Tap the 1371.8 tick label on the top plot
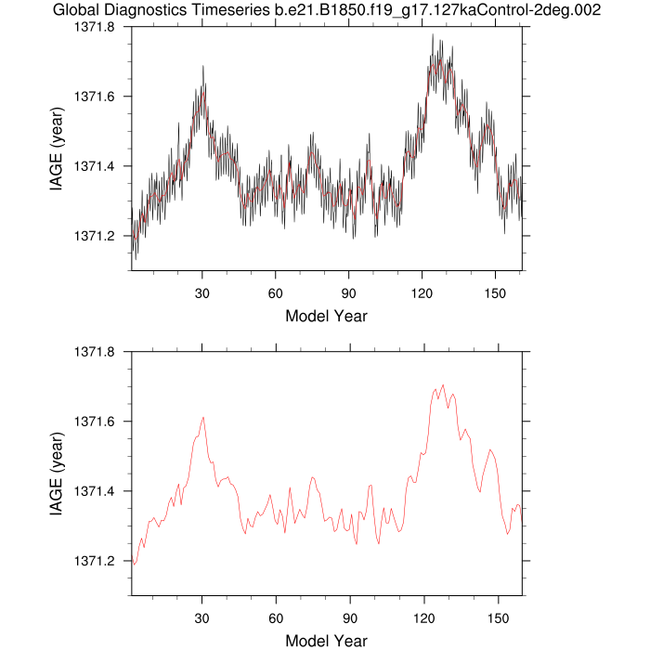pyautogui.click(x=97, y=27)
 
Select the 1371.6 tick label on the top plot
pyautogui.click(x=97, y=97)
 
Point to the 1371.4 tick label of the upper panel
pyautogui.click(x=97, y=166)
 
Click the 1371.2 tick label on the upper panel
pyautogui.click(x=97, y=236)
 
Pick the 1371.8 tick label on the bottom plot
pyautogui.click(x=97, y=352)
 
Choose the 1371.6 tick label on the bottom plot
pyautogui.click(x=97, y=422)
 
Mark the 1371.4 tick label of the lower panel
pyautogui.click(x=97, y=491)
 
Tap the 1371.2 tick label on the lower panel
pyautogui.click(x=97, y=561)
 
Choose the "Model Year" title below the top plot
pyautogui.click(x=326, y=316)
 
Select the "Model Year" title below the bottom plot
pyautogui.click(x=326, y=641)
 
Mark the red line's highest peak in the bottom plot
pyautogui.click(x=443, y=384)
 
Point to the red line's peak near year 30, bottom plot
pyautogui.click(x=202, y=418)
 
